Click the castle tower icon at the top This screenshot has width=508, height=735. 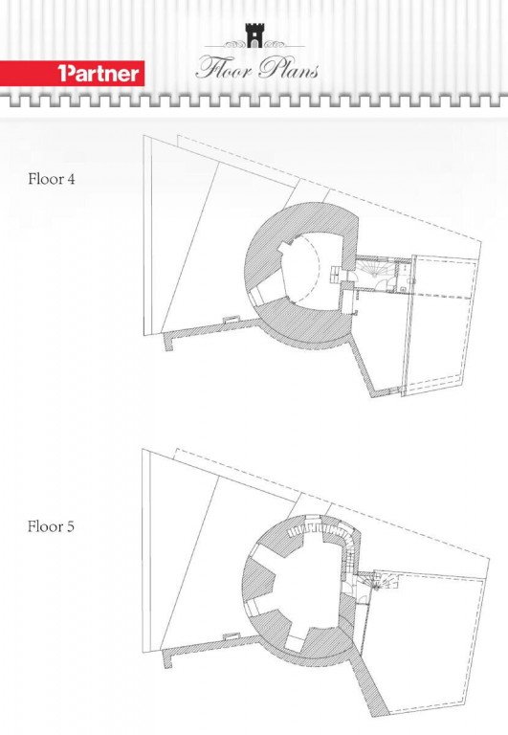coord(254,35)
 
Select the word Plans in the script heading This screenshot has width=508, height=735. coord(289,69)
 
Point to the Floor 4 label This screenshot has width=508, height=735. coord(52,179)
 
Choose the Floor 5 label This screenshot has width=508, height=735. coord(51,526)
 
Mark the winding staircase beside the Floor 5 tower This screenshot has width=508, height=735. coord(381,582)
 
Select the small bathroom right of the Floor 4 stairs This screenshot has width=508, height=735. coord(402,277)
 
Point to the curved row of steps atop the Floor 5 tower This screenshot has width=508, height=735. coord(323,531)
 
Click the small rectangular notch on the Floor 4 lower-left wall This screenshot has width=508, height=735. coord(231,321)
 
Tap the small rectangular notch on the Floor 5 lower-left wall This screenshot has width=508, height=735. coord(231,636)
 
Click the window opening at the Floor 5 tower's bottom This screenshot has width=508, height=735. coord(296,643)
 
